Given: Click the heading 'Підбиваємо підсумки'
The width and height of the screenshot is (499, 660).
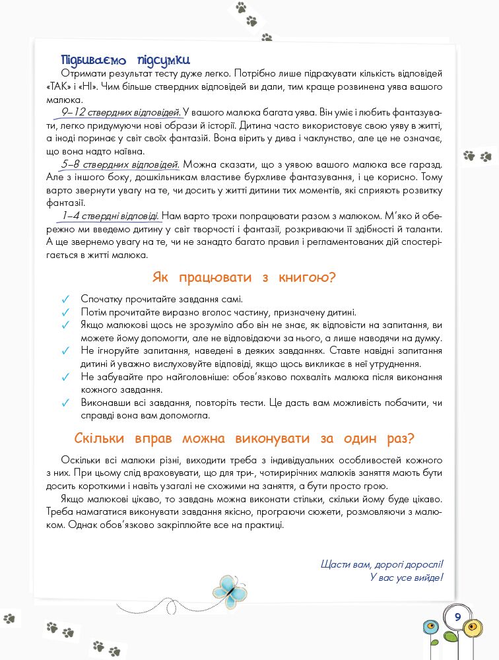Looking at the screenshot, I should (x=125, y=58).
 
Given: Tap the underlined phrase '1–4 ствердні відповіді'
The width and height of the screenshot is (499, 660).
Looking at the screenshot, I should (x=110, y=215).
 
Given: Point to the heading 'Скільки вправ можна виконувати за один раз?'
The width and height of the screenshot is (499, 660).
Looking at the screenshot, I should (x=249, y=438).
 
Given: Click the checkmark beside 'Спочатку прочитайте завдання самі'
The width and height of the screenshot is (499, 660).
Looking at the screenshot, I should (x=65, y=299).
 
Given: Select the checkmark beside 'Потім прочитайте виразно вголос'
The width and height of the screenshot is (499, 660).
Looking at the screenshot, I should (x=65, y=312).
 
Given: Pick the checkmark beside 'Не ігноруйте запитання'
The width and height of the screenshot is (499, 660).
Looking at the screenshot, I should (x=65, y=351).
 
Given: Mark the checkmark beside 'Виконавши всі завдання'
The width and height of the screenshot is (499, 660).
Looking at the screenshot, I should (x=65, y=403).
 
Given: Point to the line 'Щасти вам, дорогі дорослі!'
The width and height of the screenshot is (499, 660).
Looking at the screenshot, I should (x=381, y=564).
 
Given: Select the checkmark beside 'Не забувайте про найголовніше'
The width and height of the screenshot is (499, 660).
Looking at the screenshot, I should (x=65, y=377).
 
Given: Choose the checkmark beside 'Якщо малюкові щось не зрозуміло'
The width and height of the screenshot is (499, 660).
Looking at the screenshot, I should (x=65, y=325).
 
